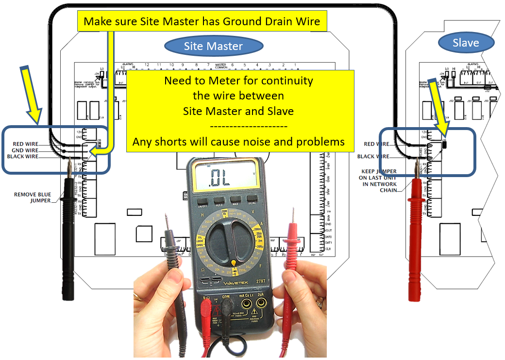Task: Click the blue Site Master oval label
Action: coord(213,47)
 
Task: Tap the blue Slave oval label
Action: coord(466,43)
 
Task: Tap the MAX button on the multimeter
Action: coord(236,199)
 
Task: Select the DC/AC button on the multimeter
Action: coord(252,199)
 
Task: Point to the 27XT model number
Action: coord(260,280)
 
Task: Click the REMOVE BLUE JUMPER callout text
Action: coord(33,197)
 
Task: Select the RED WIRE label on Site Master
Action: coord(25,144)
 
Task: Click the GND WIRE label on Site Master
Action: coord(25,150)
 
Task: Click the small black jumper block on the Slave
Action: coord(444,144)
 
